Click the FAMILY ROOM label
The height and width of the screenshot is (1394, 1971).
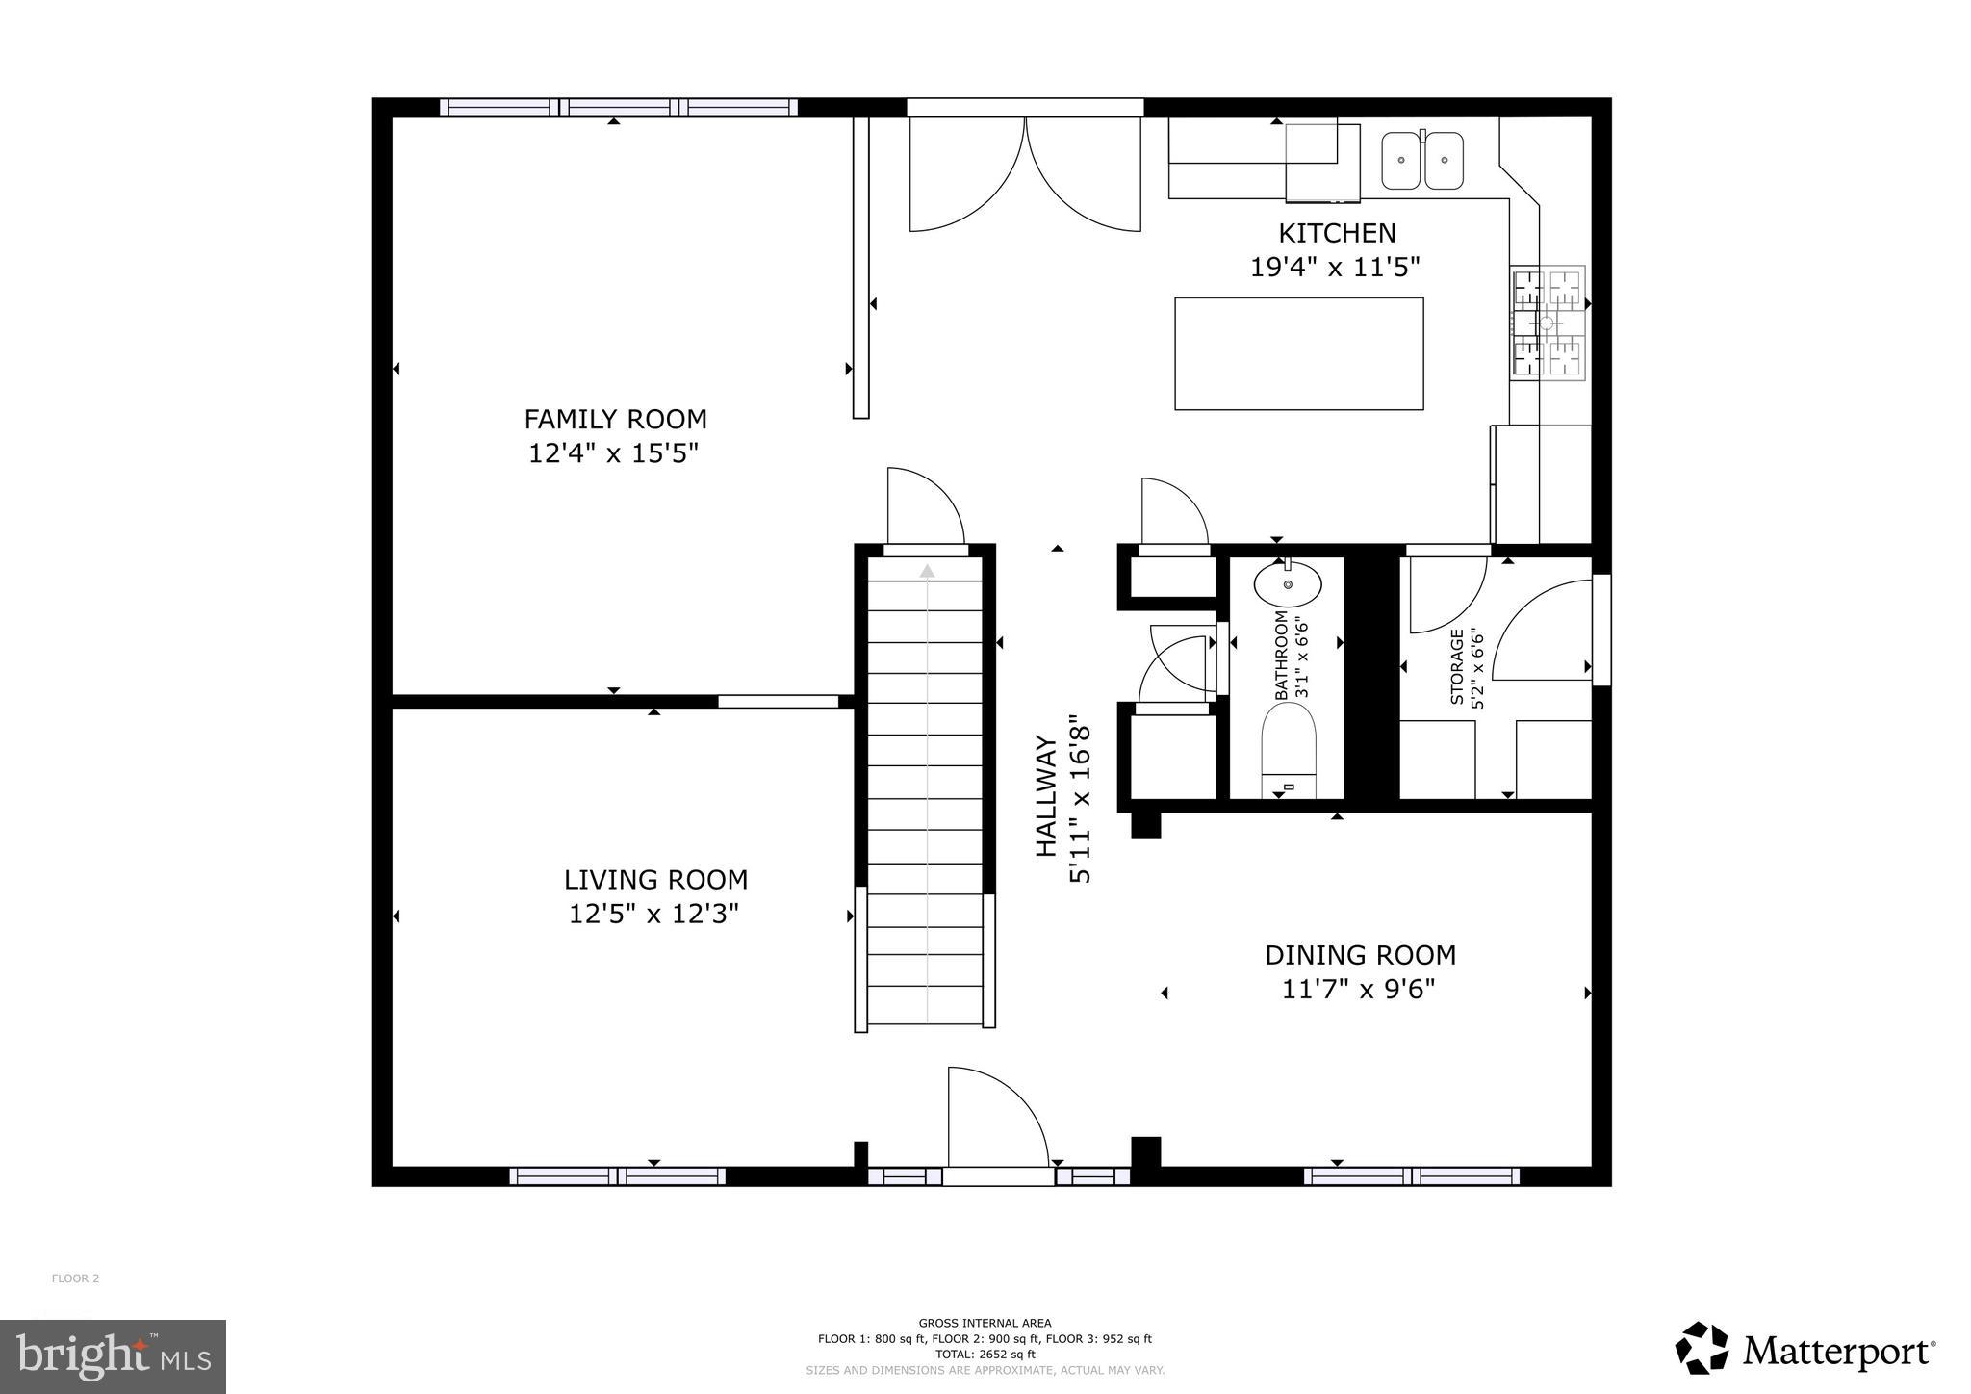615,420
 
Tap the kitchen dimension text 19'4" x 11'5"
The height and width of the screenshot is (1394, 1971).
1336,267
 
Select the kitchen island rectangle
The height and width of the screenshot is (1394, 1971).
1298,353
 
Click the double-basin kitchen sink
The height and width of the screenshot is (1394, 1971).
1421,161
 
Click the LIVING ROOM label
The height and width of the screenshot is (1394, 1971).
655,880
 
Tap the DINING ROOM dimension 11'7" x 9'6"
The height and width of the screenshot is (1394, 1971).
1358,989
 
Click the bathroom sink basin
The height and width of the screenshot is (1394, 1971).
1288,584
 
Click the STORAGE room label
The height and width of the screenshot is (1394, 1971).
1457,667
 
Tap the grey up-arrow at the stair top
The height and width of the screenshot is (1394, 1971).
927,571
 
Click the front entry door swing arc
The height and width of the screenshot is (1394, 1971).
1001,1117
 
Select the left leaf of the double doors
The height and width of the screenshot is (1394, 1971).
962,178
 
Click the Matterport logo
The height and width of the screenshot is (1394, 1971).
1805,1352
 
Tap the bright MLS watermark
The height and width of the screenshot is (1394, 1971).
114,1356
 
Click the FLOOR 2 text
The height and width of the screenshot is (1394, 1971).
75,1278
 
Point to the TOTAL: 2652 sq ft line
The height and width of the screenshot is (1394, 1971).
984,1354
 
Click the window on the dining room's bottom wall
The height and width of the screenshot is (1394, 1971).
1411,1175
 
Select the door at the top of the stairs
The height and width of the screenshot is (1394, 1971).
924,510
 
